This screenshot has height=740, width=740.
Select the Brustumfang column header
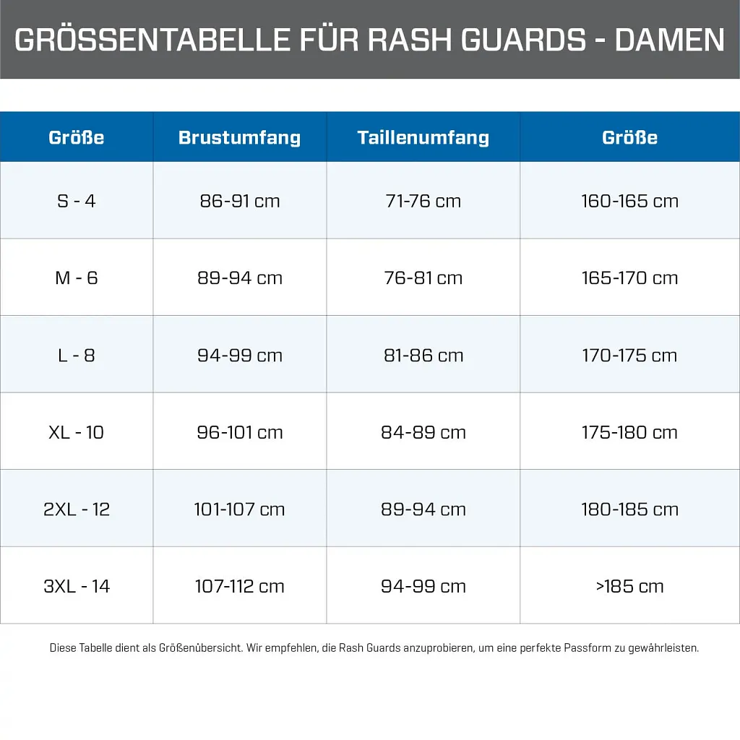pos(239,137)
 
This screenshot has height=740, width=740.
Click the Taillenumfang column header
pos(423,137)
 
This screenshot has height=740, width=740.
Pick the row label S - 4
pos(77,201)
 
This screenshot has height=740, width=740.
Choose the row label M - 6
pos(77,278)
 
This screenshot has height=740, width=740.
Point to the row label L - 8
pos(77,356)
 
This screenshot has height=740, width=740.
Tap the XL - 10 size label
pos(77,433)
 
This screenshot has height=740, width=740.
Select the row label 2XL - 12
pos(77,509)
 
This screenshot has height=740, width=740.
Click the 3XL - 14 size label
pos(77,586)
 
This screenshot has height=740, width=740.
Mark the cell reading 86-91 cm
pos(239,201)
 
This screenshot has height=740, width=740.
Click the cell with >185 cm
pos(629,586)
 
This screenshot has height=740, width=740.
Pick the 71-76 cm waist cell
pos(423,201)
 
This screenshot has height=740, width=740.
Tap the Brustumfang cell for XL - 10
pos(239,433)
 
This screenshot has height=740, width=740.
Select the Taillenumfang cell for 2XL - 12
pos(423,509)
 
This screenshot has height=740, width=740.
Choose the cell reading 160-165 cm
pos(629,201)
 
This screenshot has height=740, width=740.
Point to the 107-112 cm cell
pos(239,586)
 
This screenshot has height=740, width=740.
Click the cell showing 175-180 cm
pos(629,433)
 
